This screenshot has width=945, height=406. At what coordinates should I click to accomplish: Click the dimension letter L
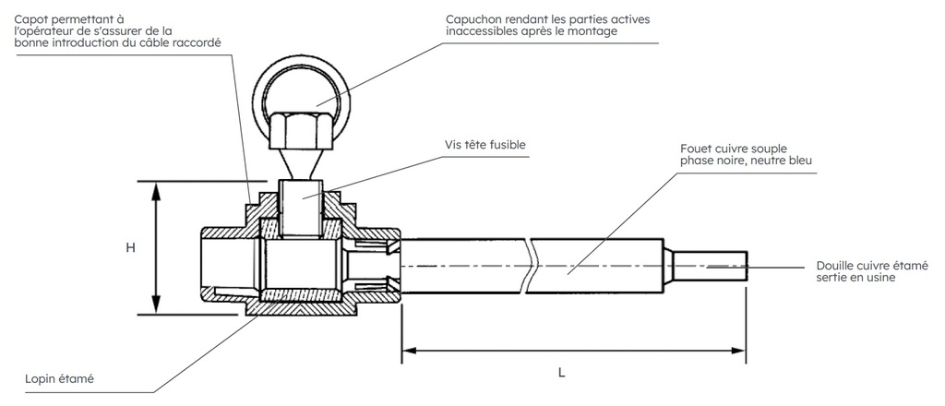pyautogui.click(x=561, y=373)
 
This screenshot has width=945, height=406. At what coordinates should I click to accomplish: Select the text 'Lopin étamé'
pyautogui.click(x=61, y=379)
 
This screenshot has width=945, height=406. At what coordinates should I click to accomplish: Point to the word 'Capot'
pyautogui.click(x=33, y=18)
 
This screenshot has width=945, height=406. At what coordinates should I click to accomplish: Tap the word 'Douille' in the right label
pyautogui.click(x=837, y=264)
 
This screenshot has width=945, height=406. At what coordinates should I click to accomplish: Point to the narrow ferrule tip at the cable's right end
pyautogui.click(x=711, y=266)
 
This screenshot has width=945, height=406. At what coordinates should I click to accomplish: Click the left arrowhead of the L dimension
pyautogui.click(x=408, y=351)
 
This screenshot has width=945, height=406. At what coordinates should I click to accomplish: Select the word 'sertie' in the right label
pyautogui.click(x=832, y=277)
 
